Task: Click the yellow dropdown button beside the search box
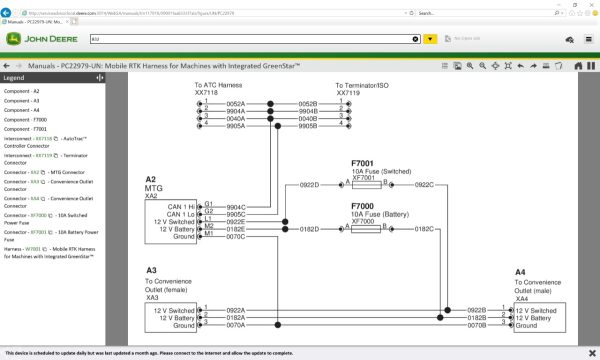pos(429,39)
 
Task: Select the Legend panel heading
pos(14,77)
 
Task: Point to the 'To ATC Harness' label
pos(220,86)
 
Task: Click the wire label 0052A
pos(236,103)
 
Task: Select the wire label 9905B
pos(308,127)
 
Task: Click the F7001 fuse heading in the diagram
pos(362,162)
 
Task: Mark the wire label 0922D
pos(310,185)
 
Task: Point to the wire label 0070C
pos(236,236)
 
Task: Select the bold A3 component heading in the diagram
pos(151,271)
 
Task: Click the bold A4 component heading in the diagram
pos(520,272)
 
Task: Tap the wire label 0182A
pos(236,317)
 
